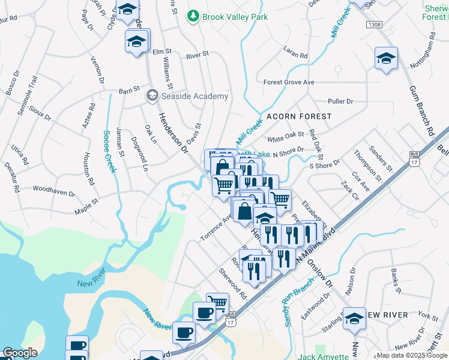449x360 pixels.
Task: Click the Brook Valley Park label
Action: (x=235, y=17)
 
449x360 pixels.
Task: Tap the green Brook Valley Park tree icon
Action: (x=193, y=16)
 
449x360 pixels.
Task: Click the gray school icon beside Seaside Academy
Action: (x=152, y=95)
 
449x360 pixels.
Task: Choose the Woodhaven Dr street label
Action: (x=54, y=194)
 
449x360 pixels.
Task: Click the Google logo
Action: (x=20, y=353)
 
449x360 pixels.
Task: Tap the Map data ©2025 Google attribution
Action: (x=412, y=355)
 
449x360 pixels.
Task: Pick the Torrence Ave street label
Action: (x=216, y=229)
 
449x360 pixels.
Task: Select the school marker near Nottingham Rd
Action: (x=386, y=58)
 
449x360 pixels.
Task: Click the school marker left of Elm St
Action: (x=136, y=41)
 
